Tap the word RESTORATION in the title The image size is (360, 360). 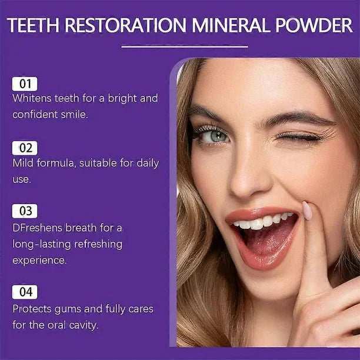[126, 26]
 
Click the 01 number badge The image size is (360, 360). [24, 84]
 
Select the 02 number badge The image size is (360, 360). [24, 148]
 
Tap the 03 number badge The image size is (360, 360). [24, 211]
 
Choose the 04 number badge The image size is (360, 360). [24, 292]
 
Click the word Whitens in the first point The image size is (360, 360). [32, 98]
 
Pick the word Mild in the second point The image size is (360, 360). [23, 163]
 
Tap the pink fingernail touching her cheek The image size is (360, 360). [308, 210]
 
